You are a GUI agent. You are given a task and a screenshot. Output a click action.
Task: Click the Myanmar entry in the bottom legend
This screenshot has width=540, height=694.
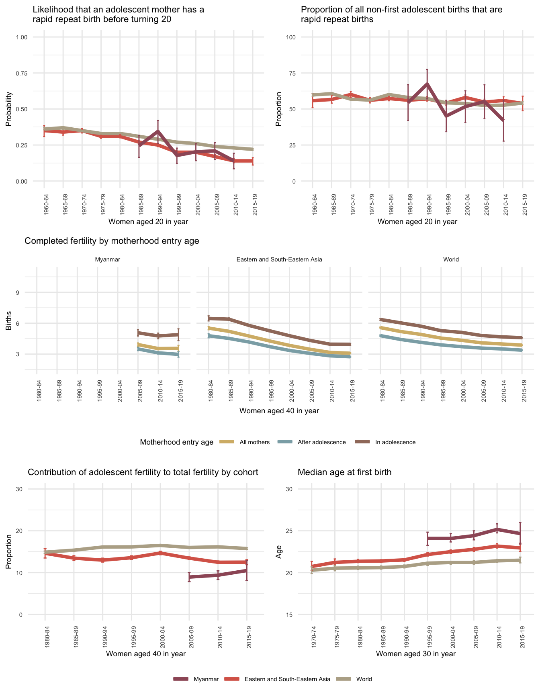pos(206,679)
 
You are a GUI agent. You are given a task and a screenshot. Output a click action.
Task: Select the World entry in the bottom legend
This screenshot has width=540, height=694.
pos(364,679)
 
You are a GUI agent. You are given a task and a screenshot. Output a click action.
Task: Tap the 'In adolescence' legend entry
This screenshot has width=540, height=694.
pos(395,442)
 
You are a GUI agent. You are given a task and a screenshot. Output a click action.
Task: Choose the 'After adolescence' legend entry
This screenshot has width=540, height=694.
pos(321,442)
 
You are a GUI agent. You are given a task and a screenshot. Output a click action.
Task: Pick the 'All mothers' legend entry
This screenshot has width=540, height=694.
pos(254,442)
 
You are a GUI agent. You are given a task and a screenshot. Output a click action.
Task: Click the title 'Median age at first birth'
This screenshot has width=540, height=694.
pos(344,472)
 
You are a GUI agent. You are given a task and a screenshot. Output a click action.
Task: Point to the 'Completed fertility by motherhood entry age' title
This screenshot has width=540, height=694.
pos(112,241)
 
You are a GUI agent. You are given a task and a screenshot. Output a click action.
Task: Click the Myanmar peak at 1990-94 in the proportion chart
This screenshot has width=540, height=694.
pos(427,84)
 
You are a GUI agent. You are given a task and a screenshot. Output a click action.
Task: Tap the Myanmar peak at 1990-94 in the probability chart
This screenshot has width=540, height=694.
pos(158,131)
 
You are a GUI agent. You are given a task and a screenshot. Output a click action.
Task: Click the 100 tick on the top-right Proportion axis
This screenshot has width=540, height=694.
pos(291,37)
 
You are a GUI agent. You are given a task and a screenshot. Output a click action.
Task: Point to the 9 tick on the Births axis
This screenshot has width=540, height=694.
pos(18,292)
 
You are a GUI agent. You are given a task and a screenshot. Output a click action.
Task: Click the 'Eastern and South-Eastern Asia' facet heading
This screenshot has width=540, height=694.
pos(279,259)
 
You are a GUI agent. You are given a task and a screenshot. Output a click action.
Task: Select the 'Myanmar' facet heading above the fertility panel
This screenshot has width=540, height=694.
pos(107,259)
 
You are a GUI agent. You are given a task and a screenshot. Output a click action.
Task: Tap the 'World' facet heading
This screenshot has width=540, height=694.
pos(451,259)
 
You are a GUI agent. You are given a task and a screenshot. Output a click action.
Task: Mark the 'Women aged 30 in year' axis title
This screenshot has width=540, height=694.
pos(415,653)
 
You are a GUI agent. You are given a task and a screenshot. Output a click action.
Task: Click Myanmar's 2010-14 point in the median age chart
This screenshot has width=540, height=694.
pos(497,529)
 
